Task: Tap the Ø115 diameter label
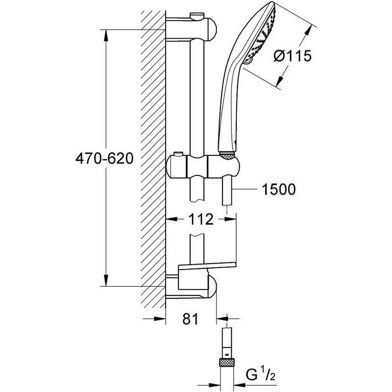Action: (293, 56)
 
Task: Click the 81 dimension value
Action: (192, 319)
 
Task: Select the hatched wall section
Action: (153, 157)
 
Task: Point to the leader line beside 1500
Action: (247, 189)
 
